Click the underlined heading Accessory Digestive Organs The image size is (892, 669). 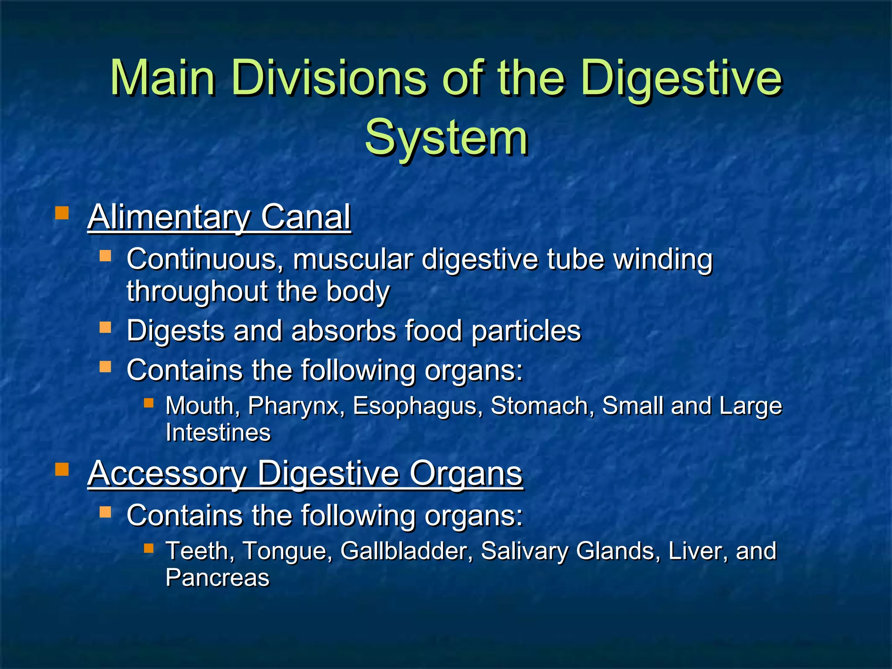[x=305, y=473]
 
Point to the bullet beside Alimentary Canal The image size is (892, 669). [x=62, y=213]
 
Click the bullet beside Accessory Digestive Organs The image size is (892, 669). [x=62, y=469]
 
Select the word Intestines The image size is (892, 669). [x=218, y=432]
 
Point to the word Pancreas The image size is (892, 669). [x=217, y=578]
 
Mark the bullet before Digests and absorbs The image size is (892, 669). [x=105, y=327]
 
